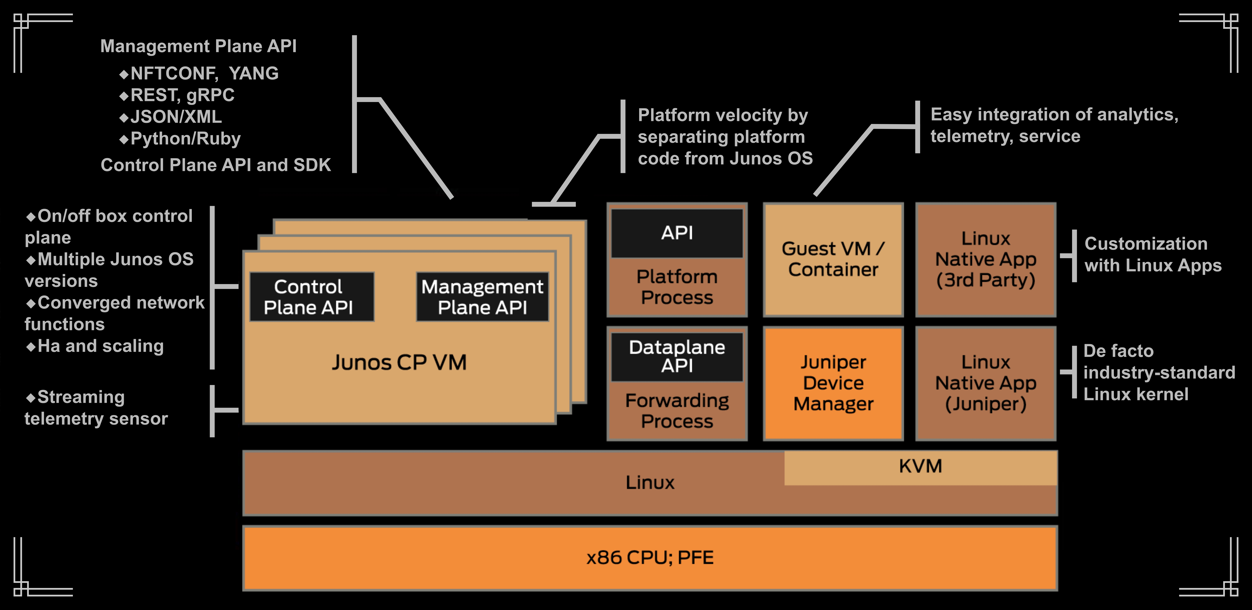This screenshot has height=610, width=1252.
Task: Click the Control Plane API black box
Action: pyautogui.click(x=312, y=297)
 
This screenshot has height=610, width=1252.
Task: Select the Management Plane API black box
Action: pyautogui.click(x=482, y=297)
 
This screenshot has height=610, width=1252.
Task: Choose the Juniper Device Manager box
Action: pyautogui.click(x=833, y=383)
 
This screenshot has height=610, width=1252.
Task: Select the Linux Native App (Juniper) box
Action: pyautogui.click(x=986, y=383)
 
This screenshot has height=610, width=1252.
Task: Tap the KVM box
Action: pyautogui.click(x=920, y=467)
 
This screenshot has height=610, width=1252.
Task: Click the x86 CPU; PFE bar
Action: pyautogui.click(x=650, y=557)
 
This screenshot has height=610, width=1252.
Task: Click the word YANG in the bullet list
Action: pyautogui.click(x=254, y=73)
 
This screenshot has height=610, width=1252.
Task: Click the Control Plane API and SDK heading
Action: pyautogui.click(x=215, y=165)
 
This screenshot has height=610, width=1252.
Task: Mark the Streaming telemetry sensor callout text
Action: pyautogui.click(x=96, y=408)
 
